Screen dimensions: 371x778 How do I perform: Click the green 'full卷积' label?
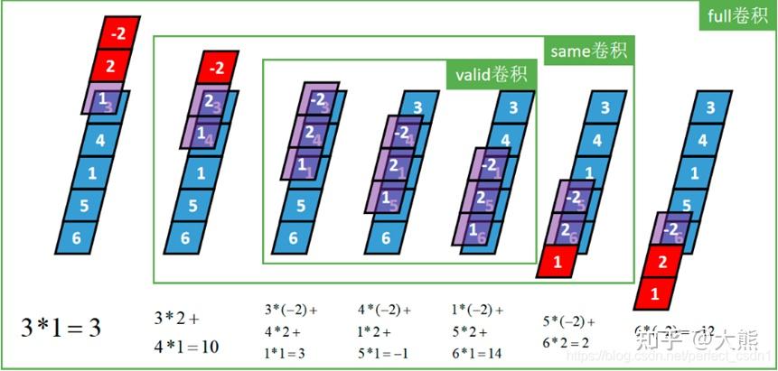pyautogui.click(x=737, y=16)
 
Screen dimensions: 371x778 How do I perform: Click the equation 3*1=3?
pyautogui.click(x=61, y=327)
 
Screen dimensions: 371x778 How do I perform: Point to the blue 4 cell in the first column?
pyautogui.click(x=99, y=140)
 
